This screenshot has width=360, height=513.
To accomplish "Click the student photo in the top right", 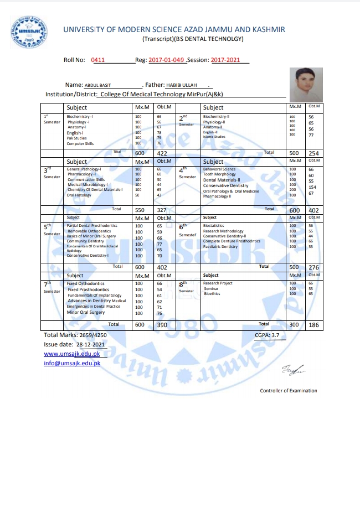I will tap(306, 84).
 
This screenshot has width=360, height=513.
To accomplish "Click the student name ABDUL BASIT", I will tap(98, 85).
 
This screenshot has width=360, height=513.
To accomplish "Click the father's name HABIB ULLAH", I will tap(167, 85).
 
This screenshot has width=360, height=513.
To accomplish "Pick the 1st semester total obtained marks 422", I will tap(162, 153).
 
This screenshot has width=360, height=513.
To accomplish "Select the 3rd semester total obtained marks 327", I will tap(162, 210).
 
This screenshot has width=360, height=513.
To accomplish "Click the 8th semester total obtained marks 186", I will tap(314, 325).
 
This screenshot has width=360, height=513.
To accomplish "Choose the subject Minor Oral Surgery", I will tap(85, 312).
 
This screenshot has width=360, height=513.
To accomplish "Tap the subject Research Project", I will tap(218, 283).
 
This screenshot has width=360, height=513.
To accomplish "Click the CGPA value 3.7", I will tap(275, 335).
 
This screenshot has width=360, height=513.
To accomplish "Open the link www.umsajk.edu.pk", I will tap(72, 354).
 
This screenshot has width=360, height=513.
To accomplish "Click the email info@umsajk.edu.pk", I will tap(72, 363).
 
